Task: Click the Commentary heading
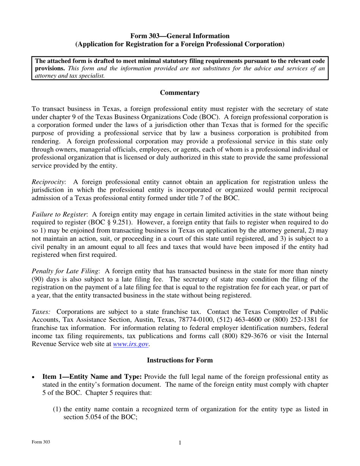[180, 92]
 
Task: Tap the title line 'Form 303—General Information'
[180, 36]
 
